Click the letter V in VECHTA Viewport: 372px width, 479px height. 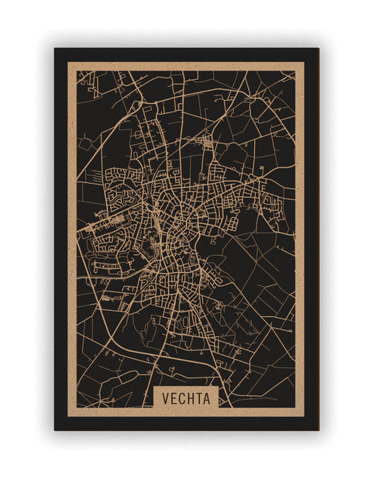[x=166, y=398]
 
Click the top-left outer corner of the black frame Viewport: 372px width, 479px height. [x=55, y=49]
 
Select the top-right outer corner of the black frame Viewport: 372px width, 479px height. [x=318, y=49]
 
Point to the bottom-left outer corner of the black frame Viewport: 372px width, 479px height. [x=55, y=429]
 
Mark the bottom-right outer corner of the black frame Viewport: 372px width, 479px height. [x=318, y=429]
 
